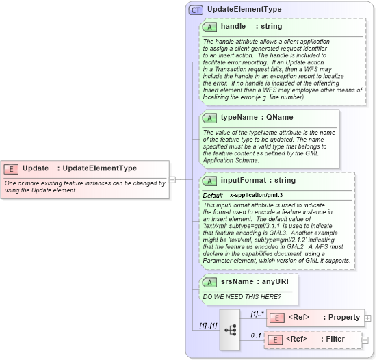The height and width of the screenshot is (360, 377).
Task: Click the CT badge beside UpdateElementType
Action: (196, 10)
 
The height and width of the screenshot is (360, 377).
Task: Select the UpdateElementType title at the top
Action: (244, 10)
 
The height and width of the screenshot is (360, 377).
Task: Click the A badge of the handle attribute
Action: (209, 27)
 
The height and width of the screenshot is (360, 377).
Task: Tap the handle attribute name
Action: (233, 27)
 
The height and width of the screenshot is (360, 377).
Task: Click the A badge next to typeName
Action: (209, 118)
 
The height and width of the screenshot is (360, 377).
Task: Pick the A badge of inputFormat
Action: (209, 181)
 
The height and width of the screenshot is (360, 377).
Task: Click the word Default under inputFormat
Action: (212, 196)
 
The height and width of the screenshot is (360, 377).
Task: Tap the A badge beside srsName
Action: (209, 281)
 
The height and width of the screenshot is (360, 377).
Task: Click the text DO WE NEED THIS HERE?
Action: (242, 296)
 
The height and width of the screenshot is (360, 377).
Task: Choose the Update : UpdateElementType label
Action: (79, 168)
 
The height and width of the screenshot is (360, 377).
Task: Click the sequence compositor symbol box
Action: (231, 329)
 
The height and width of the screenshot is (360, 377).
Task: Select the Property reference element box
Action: (315, 318)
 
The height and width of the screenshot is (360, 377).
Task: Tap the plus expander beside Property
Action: (368, 318)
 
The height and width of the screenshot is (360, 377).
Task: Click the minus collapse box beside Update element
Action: (172, 180)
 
